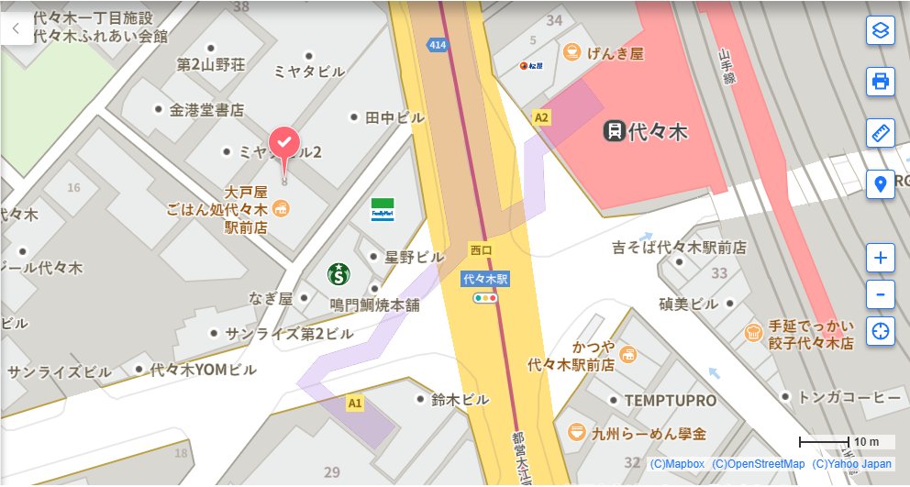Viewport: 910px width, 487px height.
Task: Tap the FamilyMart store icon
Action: pos(383,208)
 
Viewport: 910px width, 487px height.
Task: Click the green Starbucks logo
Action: pos(339,273)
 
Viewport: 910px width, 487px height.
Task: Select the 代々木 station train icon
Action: pos(614,131)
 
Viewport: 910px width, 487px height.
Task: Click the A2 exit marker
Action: pos(541,117)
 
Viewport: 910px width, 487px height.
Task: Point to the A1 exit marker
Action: pos(355,403)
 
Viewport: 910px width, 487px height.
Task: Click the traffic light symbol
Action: pos(484,298)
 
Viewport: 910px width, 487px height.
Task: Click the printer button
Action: pos(881,82)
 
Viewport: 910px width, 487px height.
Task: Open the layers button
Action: pos(881,30)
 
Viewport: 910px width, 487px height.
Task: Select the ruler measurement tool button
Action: pos(881,133)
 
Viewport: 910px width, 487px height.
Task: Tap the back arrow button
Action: pos(16,28)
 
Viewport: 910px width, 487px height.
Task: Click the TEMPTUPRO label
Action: pos(670,401)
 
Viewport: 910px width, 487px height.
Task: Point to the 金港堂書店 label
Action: pos(206,110)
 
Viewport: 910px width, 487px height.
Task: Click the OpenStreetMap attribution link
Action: pos(758,464)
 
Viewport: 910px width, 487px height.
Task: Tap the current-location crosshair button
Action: pos(881,331)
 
